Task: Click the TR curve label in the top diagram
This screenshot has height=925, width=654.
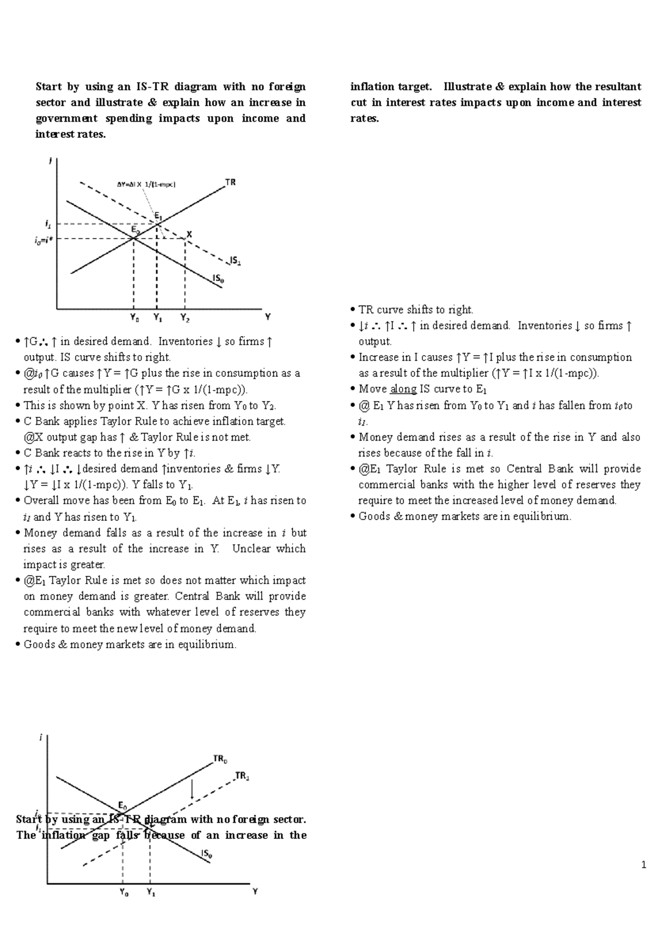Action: pos(231,182)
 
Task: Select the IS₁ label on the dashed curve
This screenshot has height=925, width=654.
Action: pos(235,261)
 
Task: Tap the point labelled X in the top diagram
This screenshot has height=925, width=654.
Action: pos(189,234)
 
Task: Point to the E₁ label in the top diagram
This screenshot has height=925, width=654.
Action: pos(158,215)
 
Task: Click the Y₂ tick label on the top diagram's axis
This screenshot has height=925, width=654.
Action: pos(185,317)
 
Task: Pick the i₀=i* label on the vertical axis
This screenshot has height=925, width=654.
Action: pos(44,239)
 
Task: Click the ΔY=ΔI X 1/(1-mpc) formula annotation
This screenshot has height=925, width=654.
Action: pos(147,184)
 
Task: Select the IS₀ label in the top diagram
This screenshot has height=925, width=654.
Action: pos(218,278)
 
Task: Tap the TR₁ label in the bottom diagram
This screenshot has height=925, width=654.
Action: pos(242,776)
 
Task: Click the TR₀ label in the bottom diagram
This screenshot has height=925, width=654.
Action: pos(220,758)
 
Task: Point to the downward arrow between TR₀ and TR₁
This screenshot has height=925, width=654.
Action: pos(192,789)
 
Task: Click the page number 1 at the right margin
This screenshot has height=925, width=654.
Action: pos(644,865)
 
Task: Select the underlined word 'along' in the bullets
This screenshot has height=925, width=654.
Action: pos(403,389)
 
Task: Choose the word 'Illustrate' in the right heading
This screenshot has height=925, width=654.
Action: pos(467,87)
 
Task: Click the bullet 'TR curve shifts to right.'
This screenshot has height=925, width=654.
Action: pos(415,309)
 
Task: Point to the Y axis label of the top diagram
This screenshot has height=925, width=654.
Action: pos(268,317)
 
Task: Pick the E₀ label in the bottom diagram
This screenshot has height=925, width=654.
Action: pos(123,806)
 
